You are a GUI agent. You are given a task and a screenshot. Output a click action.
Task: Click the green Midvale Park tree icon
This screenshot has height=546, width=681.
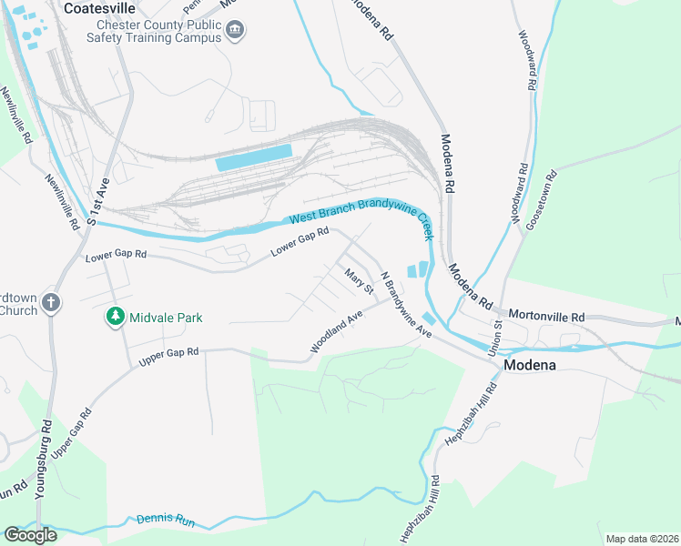115,318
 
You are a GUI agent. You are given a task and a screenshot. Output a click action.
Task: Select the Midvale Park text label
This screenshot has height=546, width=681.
165,318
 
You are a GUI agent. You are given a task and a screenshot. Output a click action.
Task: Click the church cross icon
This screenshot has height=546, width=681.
52,304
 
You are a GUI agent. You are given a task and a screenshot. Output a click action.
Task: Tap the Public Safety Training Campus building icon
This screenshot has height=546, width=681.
236,31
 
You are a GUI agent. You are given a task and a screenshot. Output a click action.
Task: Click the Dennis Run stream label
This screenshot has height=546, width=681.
166,521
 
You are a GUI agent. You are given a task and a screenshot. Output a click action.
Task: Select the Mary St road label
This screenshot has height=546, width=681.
358,279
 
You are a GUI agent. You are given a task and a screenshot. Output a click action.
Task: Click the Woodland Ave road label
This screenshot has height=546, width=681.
336,331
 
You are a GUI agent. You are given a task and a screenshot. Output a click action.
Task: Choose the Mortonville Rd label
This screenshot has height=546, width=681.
545,316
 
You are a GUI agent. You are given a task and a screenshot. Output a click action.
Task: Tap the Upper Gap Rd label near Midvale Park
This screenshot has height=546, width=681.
168,357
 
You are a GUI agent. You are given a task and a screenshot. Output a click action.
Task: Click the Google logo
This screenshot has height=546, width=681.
30,534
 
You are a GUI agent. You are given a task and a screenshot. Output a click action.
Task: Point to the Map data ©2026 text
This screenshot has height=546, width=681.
641,539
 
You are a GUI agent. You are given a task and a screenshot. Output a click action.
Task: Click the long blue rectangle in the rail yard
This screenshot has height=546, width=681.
254,157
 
